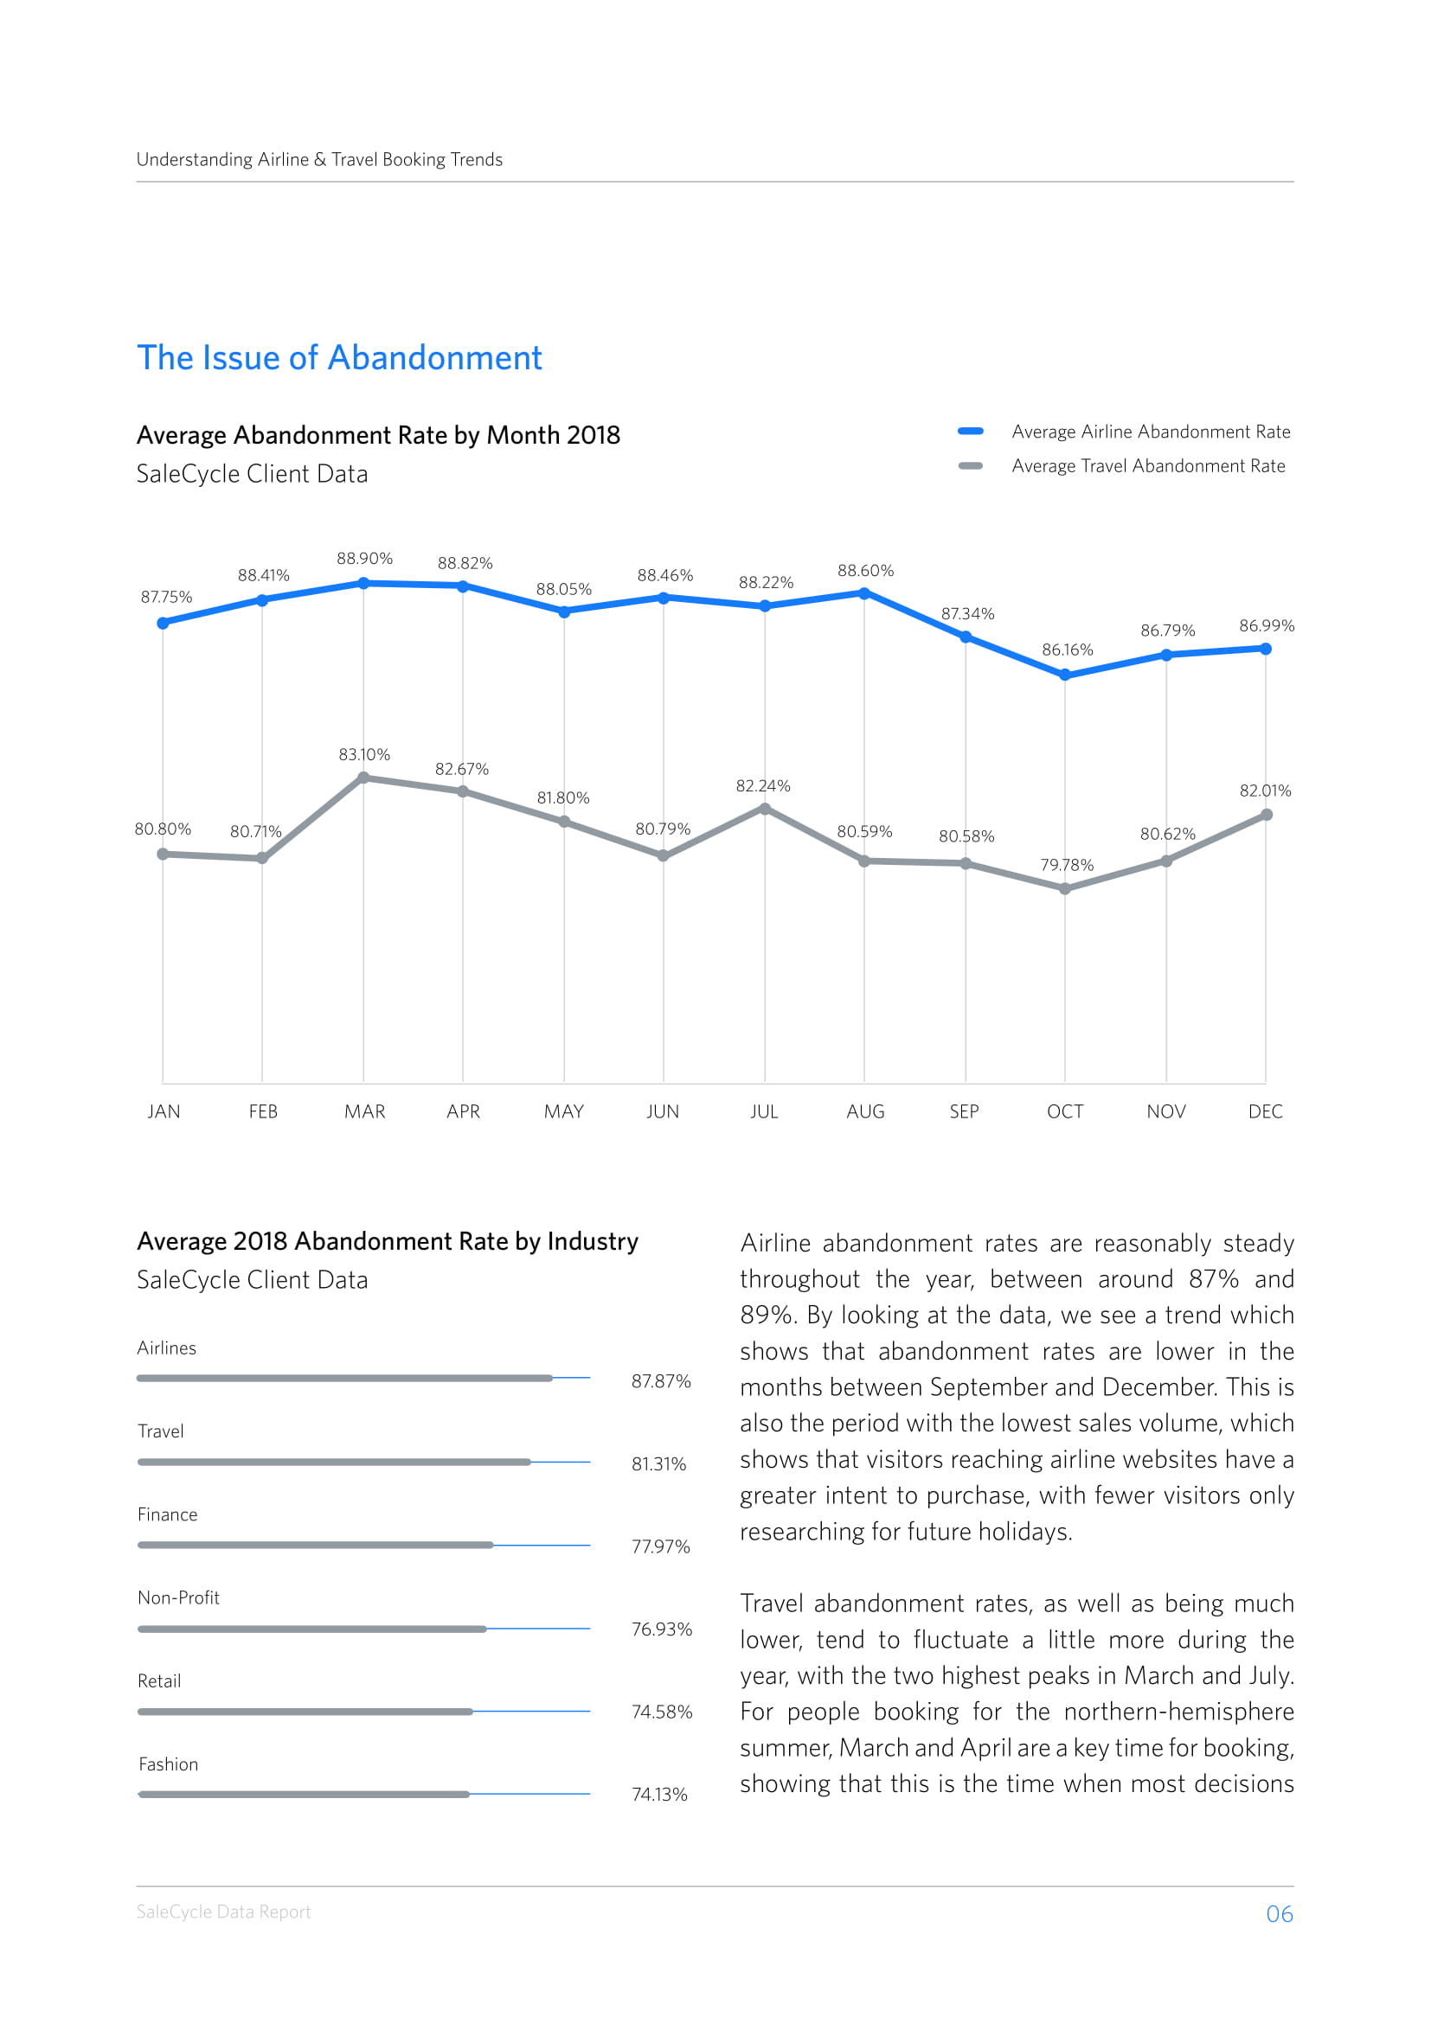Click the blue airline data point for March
click(x=363, y=583)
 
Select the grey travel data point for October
click(x=1064, y=889)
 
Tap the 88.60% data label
click(x=865, y=571)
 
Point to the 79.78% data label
click(x=1066, y=865)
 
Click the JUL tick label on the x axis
click(x=764, y=1112)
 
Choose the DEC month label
click(x=1266, y=1112)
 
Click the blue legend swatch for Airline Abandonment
click(x=970, y=432)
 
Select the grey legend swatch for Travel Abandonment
click(x=970, y=466)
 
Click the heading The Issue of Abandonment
click(x=339, y=358)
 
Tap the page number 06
click(x=1280, y=1914)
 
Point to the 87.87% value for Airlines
click(x=661, y=1381)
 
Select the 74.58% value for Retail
click(x=662, y=1712)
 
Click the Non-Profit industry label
click(x=179, y=1598)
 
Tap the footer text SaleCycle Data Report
click(x=224, y=1912)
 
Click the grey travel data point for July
click(x=765, y=809)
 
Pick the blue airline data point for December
click(x=1266, y=650)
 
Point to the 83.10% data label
click(x=364, y=755)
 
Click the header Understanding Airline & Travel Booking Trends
click(x=320, y=159)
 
